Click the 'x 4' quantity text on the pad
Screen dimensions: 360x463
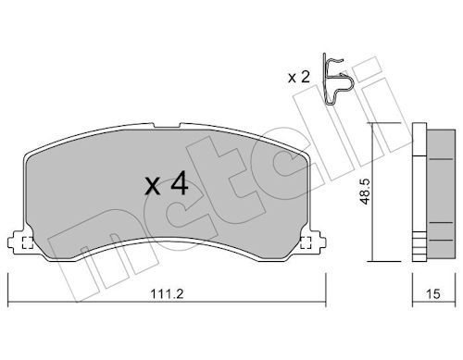(167, 184)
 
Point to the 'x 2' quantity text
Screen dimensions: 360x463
(298, 77)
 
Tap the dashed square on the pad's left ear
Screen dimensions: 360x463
(27, 244)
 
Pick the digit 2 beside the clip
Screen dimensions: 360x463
(305, 77)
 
